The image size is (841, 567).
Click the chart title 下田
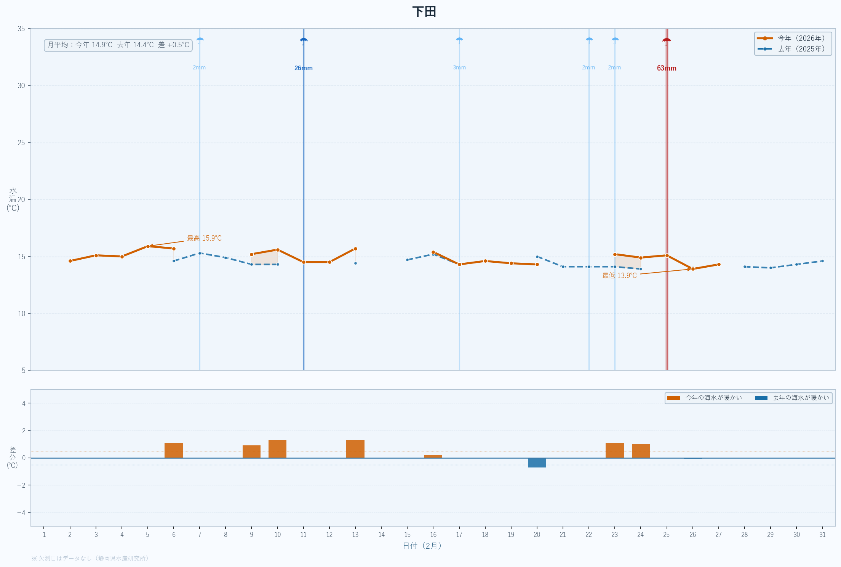(424, 11)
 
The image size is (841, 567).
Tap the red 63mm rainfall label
(667, 68)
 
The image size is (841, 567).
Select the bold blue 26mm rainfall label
(304, 68)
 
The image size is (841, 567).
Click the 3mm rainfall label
(459, 67)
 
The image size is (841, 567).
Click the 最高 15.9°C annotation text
(204, 238)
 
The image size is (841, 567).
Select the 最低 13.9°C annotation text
(619, 276)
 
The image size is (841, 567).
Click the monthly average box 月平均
(118, 45)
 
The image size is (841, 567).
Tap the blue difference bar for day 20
(537, 463)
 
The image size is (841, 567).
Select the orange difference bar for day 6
(174, 450)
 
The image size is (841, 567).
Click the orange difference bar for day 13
(355, 449)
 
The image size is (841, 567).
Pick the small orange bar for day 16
(433, 456)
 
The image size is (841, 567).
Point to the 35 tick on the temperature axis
(21, 29)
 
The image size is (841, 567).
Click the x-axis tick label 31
(822, 535)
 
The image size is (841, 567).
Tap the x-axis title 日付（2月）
(422, 546)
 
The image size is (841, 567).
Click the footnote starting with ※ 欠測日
(90, 558)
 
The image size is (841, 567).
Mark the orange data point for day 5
(148, 246)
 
